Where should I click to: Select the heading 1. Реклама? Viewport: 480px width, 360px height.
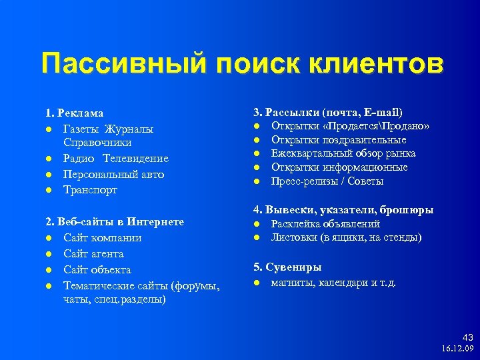(74, 113)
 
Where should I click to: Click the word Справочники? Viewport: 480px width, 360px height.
(97, 143)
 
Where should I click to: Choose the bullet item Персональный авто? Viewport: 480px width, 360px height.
(113, 175)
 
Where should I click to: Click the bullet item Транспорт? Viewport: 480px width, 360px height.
(90, 191)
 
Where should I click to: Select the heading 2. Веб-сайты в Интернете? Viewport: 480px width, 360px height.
(115, 222)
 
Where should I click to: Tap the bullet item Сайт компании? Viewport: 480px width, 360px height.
(102, 238)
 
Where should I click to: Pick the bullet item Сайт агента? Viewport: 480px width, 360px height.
(93, 254)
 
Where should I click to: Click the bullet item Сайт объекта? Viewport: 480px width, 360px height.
(97, 270)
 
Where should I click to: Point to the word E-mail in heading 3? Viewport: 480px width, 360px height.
(385, 113)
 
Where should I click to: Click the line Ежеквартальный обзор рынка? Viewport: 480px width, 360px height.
(343, 154)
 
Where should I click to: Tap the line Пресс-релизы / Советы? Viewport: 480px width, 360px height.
(327, 181)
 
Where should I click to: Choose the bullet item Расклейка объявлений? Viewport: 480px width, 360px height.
(325, 224)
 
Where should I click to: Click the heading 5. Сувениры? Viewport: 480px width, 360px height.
(287, 267)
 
